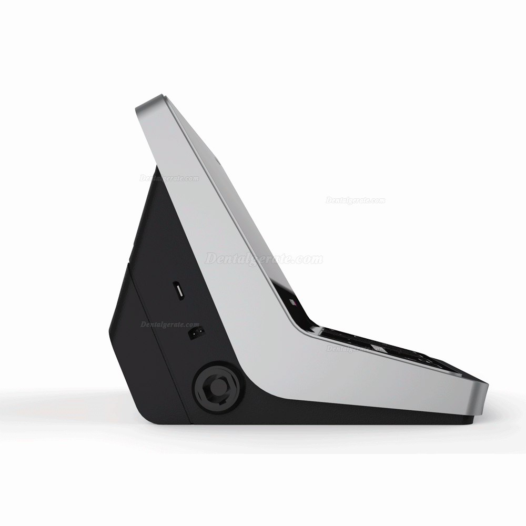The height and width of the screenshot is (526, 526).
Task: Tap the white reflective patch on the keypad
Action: (x=379, y=347)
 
